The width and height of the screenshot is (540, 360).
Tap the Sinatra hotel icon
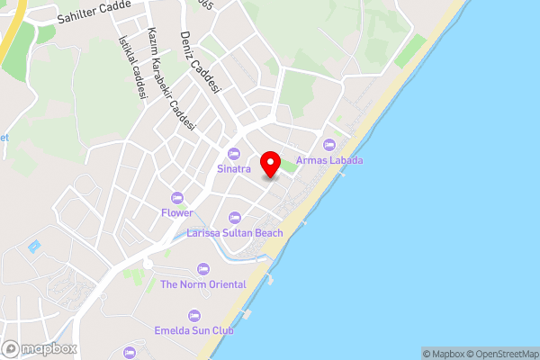(x=234, y=152)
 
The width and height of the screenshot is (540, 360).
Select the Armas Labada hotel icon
(x=328, y=144)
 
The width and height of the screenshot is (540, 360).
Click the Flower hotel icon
(x=177, y=197)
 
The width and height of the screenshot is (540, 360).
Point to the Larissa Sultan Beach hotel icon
(x=235, y=217)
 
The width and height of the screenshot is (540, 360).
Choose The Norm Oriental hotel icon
(x=202, y=268)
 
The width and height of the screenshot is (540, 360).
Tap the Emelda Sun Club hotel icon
(x=194, y=315)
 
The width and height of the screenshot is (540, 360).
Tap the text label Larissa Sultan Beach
(x=235, y=233)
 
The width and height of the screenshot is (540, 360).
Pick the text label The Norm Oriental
(x=202, y=284)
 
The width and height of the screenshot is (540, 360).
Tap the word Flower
(x=177, y=213)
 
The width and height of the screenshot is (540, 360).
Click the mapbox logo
(x=40, y=348)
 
